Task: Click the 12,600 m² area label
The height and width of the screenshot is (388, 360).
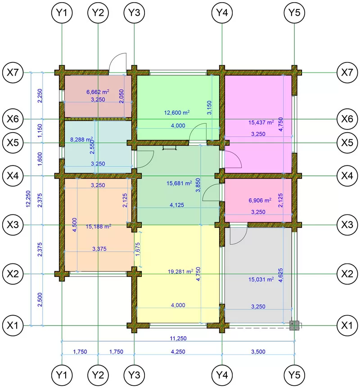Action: (177, 112)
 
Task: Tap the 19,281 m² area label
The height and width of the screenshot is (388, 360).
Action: (180, 272)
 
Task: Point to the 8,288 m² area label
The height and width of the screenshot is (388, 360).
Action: (81, 139)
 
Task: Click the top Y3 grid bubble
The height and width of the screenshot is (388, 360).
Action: (134, 13)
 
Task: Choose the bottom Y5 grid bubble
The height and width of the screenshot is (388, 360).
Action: (294, 375)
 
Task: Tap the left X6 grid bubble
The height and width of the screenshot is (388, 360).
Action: (13, 119)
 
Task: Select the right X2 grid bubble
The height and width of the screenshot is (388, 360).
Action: (347, 274)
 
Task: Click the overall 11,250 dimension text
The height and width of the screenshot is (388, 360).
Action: (178, 338)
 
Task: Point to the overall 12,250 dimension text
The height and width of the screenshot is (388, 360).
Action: (28, 199)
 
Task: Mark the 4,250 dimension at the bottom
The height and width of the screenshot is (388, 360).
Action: (178, 352)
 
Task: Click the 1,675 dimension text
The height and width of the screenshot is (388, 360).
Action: (138, 250)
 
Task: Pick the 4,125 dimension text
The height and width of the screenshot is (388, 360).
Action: (177, 205)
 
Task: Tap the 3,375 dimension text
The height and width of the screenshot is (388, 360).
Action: (99, 249)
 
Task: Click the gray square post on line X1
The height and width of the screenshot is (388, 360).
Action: (294, 326)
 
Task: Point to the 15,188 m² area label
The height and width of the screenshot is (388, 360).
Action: (98, 227)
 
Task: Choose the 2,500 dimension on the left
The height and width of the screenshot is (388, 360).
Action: (40, 300)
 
